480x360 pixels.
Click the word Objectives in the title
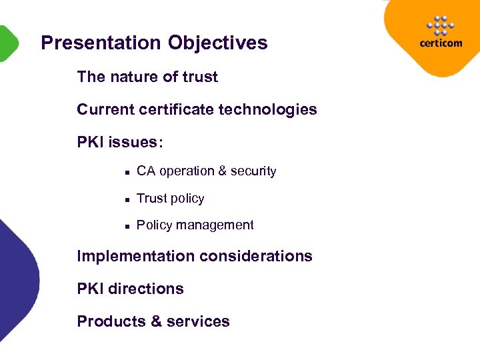217,43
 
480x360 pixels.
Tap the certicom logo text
441,43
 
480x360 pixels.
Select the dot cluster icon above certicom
441,25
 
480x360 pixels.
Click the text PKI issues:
120,142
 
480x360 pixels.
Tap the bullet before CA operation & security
125,172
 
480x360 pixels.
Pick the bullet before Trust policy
125,199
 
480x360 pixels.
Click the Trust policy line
170,199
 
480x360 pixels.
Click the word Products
111,321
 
